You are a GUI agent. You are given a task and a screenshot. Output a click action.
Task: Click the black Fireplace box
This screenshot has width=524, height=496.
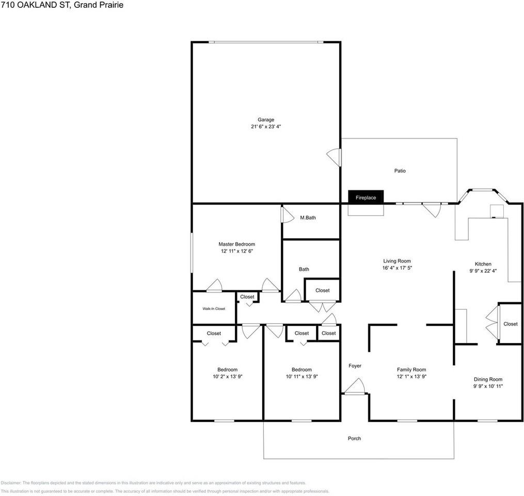366,197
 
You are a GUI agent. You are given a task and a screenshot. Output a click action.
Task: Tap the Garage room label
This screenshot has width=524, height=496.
266,120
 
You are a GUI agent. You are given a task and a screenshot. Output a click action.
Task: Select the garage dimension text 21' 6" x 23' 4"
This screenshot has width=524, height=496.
266,127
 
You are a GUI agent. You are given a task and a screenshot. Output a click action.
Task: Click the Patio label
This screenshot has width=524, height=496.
400,171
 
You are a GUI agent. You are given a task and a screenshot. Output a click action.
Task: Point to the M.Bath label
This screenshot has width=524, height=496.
308,218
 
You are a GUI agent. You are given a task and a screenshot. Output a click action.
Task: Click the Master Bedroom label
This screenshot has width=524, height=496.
236,244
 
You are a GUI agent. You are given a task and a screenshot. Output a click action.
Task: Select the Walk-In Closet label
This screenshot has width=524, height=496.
214,308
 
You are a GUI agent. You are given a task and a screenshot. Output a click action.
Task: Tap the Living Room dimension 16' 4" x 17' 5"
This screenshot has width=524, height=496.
396,268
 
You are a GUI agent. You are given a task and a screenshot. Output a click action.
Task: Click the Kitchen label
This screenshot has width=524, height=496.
483,264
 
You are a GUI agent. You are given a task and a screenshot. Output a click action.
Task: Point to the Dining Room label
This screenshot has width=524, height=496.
488,379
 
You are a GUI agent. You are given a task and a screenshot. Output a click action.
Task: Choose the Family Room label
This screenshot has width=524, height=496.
411,369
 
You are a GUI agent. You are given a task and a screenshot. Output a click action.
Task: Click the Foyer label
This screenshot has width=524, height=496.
355,366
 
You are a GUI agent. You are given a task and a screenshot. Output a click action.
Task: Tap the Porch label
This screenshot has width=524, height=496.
354,439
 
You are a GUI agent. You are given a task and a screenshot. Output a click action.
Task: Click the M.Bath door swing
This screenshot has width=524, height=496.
285,214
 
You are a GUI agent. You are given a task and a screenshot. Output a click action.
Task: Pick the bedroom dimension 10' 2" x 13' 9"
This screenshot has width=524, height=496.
227,377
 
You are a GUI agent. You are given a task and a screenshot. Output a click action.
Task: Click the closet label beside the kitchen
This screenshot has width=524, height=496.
510,324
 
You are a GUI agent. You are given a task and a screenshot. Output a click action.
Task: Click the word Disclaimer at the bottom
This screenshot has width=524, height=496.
11,483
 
